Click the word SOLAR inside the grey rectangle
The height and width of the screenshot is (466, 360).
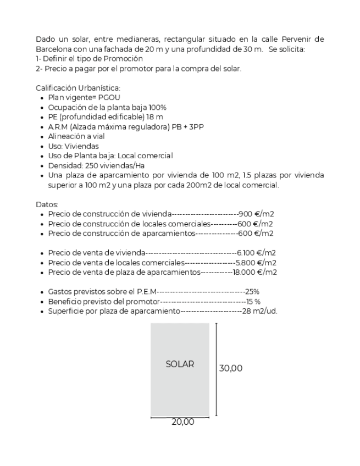180,364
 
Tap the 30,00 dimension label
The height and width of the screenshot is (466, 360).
231,368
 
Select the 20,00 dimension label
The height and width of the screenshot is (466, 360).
182,422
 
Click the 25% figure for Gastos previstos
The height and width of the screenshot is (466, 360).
252,292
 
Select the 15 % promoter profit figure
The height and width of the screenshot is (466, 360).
253,302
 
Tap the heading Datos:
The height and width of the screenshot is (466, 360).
46,204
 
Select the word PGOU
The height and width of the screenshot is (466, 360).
110,97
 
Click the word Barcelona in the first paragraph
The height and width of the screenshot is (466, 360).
53,49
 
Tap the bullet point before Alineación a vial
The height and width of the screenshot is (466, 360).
43,136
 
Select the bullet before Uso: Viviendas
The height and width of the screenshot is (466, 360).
43,146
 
